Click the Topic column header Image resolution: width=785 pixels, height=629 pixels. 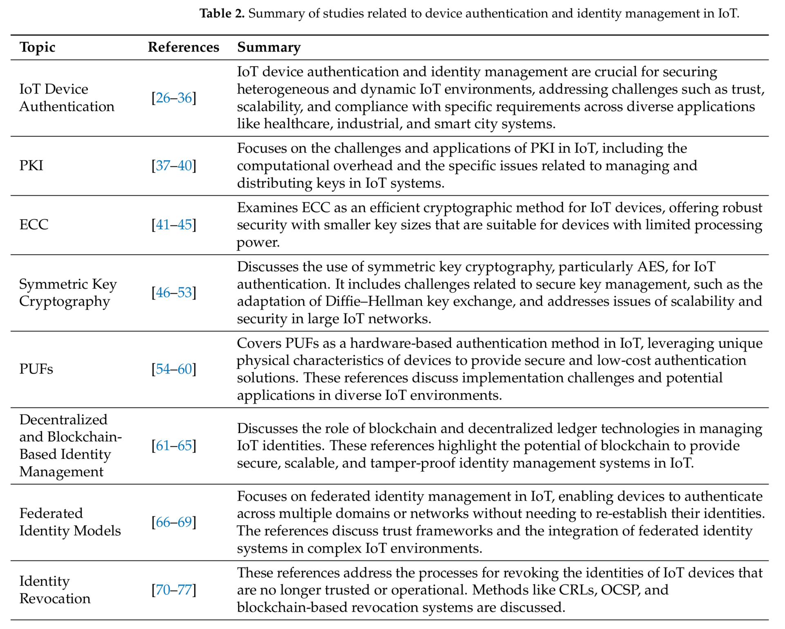click(37, 47)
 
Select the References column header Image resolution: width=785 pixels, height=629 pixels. click(183, 47)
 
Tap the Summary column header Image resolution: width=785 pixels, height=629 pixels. click(269, 47)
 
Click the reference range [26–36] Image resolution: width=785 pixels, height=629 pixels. click(174, 98)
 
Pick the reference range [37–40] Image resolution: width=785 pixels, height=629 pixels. click(174, 166)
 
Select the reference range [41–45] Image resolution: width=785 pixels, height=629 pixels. click(174, 225)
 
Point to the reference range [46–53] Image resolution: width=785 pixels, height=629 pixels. click(174, 293)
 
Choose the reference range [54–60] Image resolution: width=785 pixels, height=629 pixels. click(174, 369)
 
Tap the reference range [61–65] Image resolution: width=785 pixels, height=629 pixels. click(174, 445)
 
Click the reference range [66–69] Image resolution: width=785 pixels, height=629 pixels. click(174, 522)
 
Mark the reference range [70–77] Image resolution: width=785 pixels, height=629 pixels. click(174, 590)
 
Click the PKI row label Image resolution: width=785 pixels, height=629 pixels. click(31, 166)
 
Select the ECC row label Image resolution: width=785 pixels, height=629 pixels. click(34, 225)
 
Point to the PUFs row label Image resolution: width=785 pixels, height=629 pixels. click(36, 369)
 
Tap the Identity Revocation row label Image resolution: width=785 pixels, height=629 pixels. click(54, 590)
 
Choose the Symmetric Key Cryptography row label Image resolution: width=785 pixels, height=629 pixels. click(68, 293)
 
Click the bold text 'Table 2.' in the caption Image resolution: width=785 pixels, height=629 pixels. click(222, 13)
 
